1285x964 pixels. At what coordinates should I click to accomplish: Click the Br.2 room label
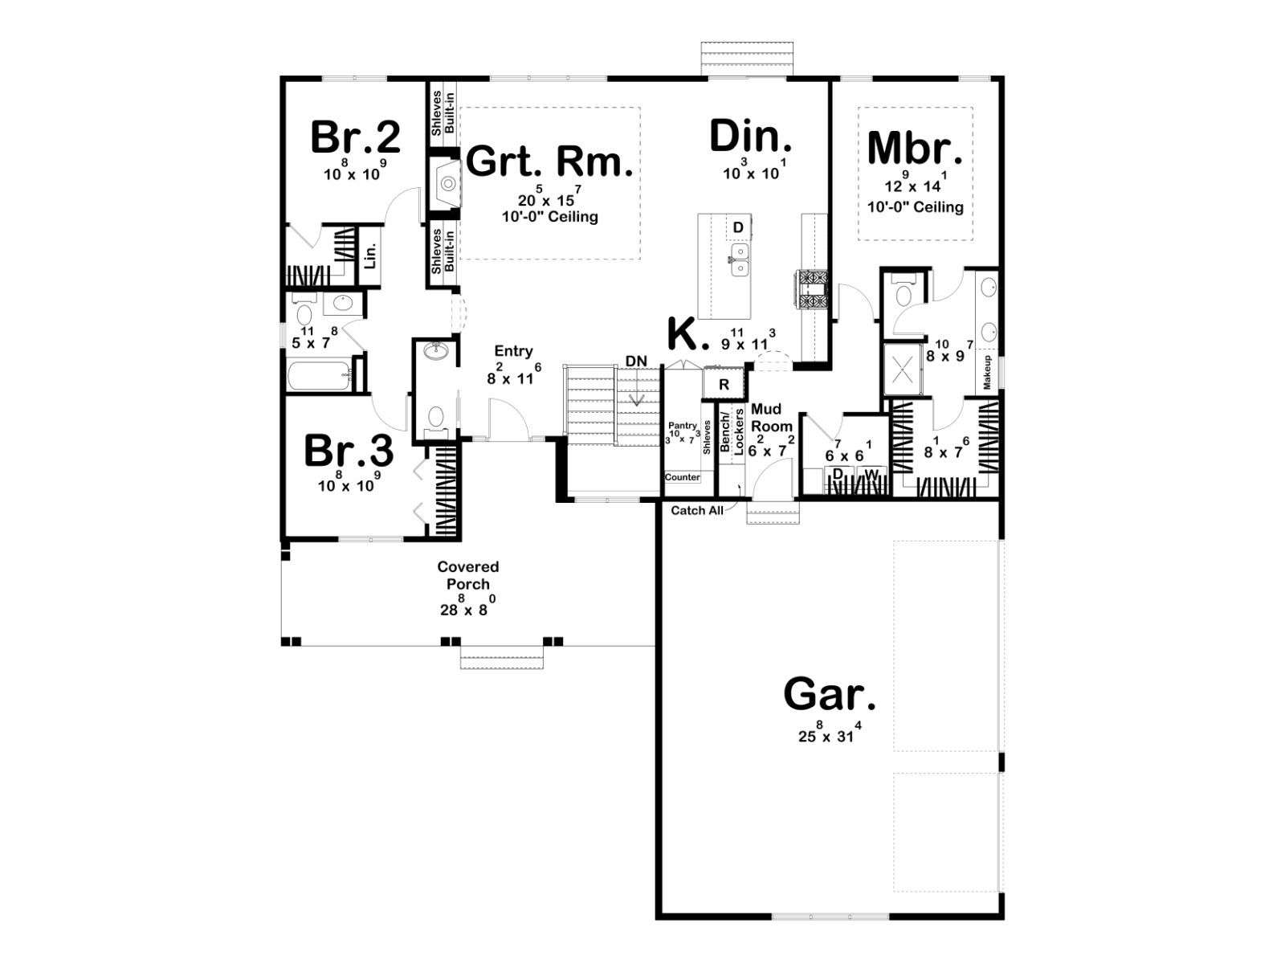(355, 137)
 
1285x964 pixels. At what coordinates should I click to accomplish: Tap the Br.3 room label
(349, 451)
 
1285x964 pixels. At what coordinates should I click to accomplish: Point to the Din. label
(751, 137)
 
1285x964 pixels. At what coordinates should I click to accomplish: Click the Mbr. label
(915, 148)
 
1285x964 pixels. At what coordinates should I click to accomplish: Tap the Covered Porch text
(467, 574)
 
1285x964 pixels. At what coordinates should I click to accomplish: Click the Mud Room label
(771, 417)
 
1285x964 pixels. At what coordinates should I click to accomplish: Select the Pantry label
(683, 426)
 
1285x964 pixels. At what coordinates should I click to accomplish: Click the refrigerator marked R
(724, 384)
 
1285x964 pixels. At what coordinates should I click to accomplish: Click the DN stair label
(636, 361)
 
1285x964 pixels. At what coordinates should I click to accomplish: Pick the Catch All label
(696, 510)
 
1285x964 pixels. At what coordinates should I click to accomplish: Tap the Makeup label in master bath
(987, 372)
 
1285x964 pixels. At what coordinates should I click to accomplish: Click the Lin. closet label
(370, 255)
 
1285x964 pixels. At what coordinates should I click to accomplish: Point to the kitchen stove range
(811, 288)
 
